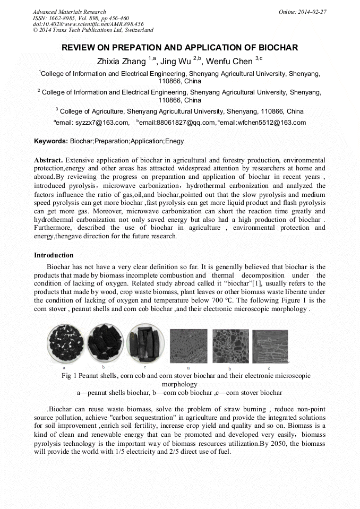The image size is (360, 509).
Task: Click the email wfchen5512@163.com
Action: coord(263,123)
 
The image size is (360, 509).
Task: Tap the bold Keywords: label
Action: coord(51,142)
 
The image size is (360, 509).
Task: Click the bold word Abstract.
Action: coord(48,160)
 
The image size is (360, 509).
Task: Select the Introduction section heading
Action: coord(54,255)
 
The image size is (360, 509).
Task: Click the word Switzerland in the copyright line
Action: coord(135,30)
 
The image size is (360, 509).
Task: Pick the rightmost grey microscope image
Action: coord(269,347)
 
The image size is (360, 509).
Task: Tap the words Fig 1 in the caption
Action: coord(69,376)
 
